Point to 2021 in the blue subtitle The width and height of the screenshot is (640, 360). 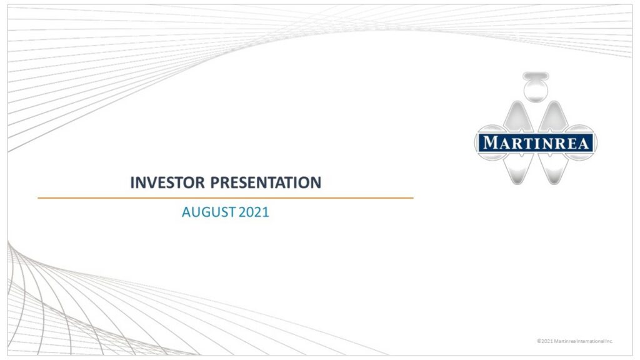[254, 212]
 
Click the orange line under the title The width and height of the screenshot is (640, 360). [225, 198]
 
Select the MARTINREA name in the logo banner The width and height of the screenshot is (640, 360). [536, 143]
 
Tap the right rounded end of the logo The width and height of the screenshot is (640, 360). [594, 143]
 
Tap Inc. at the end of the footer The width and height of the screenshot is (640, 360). [610, 341]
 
